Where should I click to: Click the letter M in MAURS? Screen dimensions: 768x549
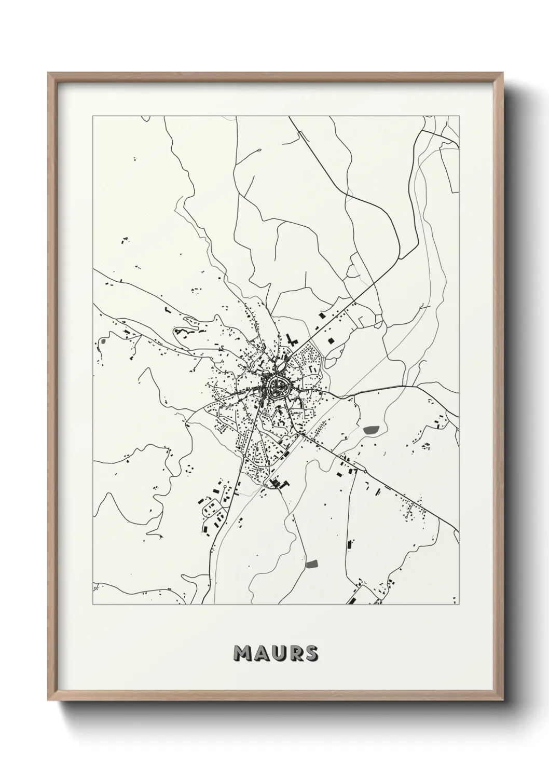243,653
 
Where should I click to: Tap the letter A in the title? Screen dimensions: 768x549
260,653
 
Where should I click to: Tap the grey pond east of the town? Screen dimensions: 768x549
371,430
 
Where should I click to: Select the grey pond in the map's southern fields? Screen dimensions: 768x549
311,564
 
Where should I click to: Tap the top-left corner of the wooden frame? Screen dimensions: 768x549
48,73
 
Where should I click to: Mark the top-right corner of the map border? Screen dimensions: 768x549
459,116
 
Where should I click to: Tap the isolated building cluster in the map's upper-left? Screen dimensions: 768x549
125,240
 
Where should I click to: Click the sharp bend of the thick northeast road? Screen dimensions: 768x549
400,258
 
